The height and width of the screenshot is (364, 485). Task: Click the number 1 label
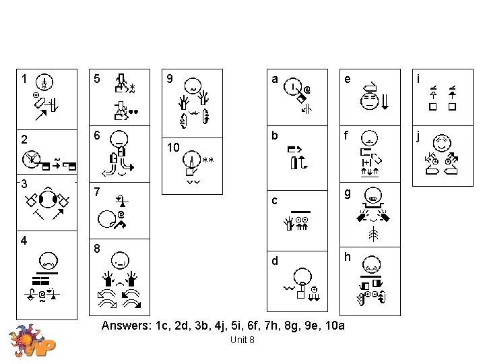(25, 78)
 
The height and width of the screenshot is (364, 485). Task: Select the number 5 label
(98, 78)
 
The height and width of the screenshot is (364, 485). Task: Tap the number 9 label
(170, 78)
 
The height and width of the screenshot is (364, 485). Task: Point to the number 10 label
(172, 147)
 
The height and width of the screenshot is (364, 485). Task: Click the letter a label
(275, 78)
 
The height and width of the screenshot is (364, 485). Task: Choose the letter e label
(348, 78)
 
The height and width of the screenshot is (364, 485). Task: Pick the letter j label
(419, 136)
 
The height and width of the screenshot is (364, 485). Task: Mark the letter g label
(348, 193)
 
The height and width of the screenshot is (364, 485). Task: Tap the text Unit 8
(242, 340)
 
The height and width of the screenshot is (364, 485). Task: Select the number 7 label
(98, 193)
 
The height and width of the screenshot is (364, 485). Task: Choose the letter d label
(275, 260)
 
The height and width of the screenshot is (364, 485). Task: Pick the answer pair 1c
(161, 326)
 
